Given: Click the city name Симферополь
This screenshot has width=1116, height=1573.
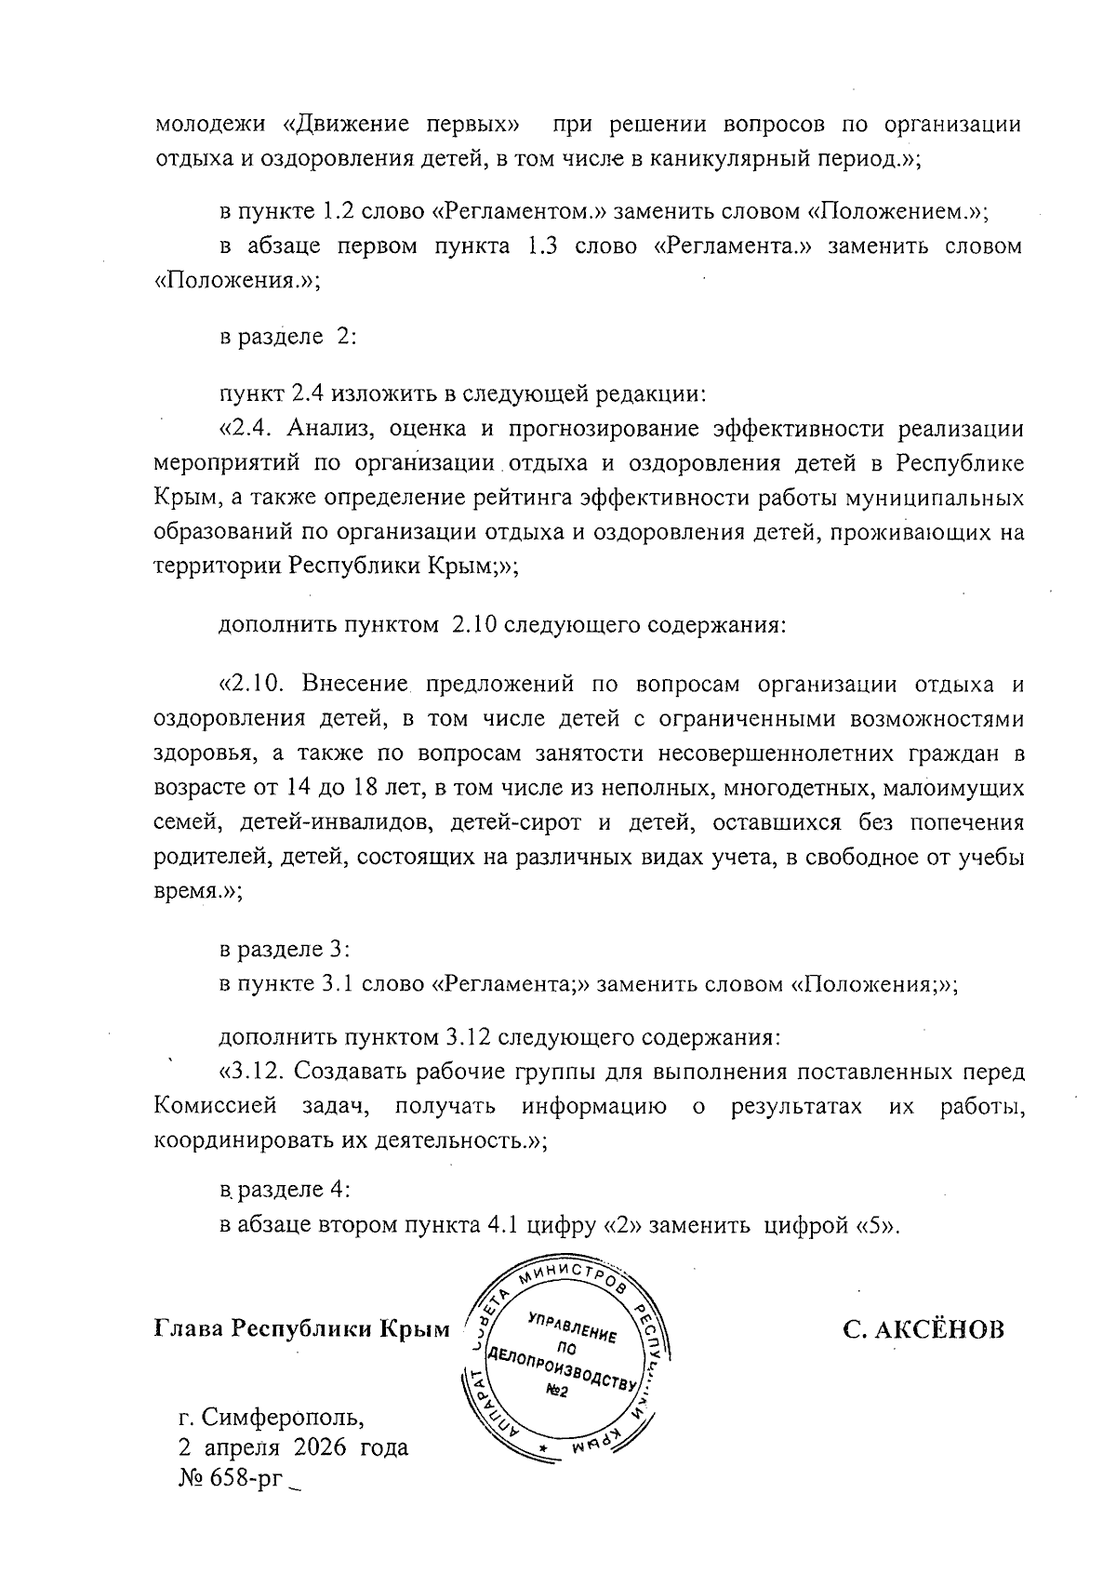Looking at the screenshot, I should click(x=280, y=1418).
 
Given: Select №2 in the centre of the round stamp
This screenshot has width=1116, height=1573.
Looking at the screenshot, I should click(x=556, y=1392).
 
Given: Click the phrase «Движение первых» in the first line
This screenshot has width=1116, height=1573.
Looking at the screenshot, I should click(x=401, y=125).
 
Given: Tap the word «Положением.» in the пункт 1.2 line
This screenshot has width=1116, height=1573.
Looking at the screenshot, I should click(x=892, y=211).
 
